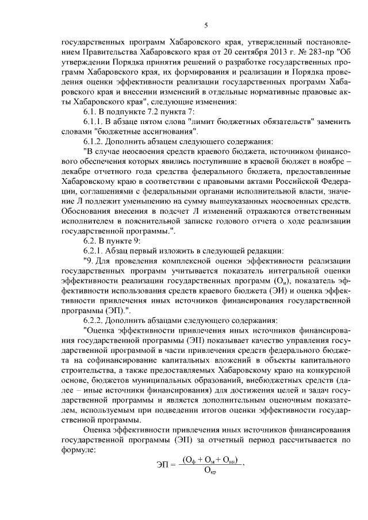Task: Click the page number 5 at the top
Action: (x=206, y=26)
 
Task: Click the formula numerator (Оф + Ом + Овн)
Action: (x=210, y=460)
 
